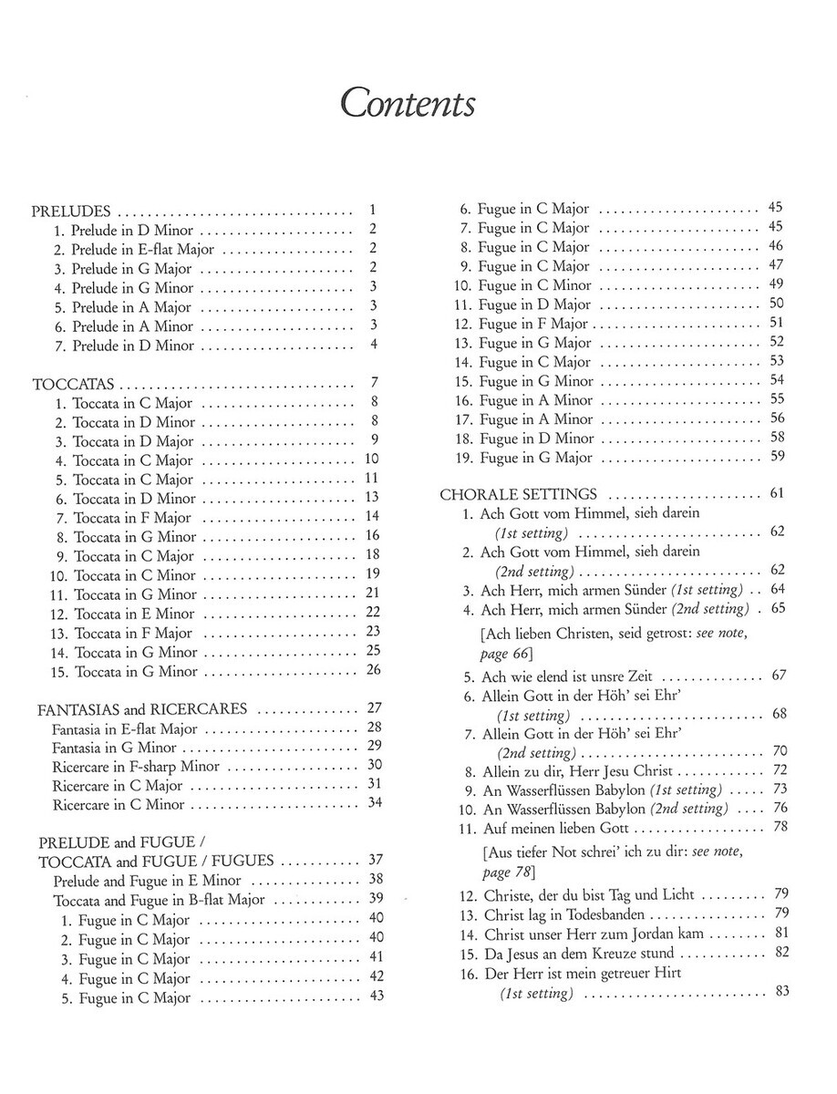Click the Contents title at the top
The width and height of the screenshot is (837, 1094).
point(407,103)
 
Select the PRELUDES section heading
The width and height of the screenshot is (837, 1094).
point(72,210)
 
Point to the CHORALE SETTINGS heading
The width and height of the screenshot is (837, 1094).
point(519,494)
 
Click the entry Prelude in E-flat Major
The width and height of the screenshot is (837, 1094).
point(134,249)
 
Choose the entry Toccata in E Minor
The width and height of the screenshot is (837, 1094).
point(134,614)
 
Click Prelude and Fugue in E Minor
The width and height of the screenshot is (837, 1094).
point(147,880)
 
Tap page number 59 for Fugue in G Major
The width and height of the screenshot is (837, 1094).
point(777,457)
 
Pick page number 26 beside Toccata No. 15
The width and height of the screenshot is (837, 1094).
point(372,671)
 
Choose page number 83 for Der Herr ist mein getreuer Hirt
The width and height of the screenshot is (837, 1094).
point(780,992)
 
